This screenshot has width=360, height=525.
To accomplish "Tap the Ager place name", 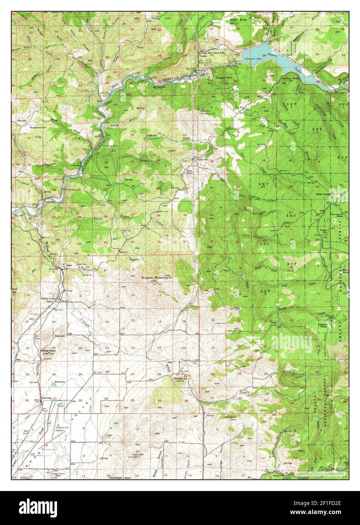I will pos(69,266).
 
